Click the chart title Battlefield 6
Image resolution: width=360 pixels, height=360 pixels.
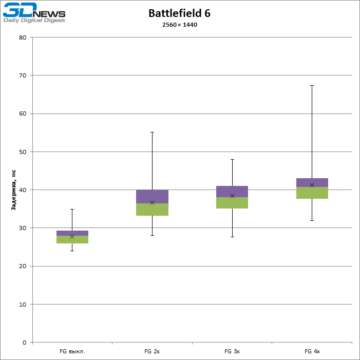tap(179, 13)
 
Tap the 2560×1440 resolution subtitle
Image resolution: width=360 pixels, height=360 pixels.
tap(179, 25)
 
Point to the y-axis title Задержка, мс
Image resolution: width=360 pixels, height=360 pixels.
tap(14, 191)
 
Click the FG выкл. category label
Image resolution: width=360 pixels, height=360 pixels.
tap(72, 352)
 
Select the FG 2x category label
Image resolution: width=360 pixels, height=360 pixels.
tap(152, 352)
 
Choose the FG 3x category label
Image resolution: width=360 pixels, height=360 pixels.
tap(232, 352)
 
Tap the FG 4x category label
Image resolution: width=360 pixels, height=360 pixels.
tap(312, 352)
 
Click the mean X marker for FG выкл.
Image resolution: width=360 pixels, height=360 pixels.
tap(72, 236)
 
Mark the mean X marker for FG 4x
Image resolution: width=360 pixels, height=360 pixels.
tap(312, 185)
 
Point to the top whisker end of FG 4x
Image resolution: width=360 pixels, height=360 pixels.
tap(312, 86)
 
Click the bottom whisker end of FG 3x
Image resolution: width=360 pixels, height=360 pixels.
tap(232, 237)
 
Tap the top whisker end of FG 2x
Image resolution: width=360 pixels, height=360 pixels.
tap(152, 132)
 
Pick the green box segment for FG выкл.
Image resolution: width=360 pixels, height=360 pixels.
tap(72, 240)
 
